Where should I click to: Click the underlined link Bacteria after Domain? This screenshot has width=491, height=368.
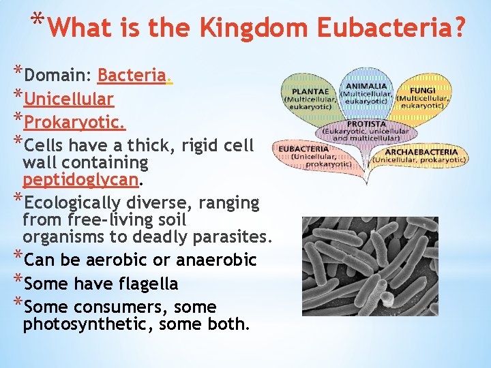pos(132,75)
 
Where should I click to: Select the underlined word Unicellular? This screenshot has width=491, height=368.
pos(68,99)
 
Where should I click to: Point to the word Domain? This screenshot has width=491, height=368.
pos(57,75)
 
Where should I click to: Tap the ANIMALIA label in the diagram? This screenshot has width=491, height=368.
pos(366,87)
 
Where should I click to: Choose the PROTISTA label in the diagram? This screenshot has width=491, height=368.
pos(366,124)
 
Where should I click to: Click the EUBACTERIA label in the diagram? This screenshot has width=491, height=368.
pos(303,149)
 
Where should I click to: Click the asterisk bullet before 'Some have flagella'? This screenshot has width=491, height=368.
pos(18,280)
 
